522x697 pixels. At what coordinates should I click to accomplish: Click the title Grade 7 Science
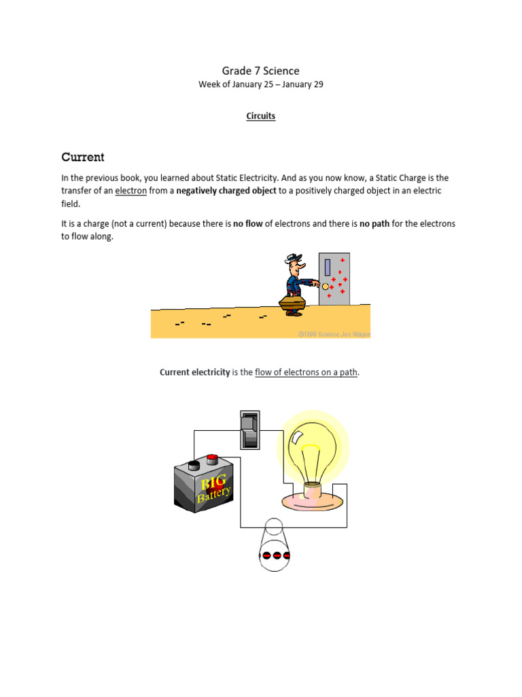point(260,71)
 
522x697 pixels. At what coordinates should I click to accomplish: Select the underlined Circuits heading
point(260,116)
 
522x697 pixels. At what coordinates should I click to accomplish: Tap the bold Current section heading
point(82,157)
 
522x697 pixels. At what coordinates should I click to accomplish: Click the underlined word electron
point(130,191)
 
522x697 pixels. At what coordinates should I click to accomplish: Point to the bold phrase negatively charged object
point(226,191)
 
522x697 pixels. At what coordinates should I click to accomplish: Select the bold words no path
point(375,223)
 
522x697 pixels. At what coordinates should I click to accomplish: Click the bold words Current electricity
point(194,372)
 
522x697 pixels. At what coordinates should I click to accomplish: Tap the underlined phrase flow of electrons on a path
point(306,372)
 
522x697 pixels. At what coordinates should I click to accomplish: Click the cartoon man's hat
point(294,258)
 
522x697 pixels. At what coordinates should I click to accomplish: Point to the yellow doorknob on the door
point(326,286)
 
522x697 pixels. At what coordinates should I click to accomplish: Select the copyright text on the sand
point(334,334)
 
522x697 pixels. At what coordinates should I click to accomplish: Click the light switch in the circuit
point(249,429)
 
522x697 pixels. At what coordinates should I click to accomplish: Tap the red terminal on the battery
point(211,459)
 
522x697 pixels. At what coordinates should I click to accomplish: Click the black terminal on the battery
point(194,465)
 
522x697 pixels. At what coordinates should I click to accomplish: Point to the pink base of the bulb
point(313,495)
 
